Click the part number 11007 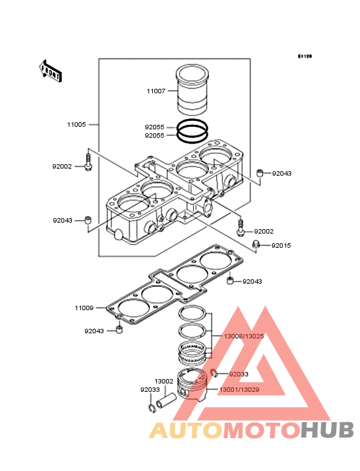tap(156, 91)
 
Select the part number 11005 tap(76, 124)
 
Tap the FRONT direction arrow tap(50, 71)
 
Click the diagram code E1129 tap(305, 56)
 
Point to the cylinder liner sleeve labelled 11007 tap(192, 89)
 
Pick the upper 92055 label tap(154, 127)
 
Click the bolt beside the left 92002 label tap(88, 163)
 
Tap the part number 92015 tap(281, 245)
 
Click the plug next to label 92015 tap(256, 245)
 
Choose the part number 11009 tap(84, 308)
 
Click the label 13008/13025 tap(244, 336)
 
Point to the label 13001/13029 tap(239, 389)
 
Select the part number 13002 tap(164, 381)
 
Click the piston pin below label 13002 tap(165, 401)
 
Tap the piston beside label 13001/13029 tap(193, 384)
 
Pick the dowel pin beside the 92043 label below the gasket tap(120, 329)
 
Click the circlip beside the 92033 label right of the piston tap(214, 373)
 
